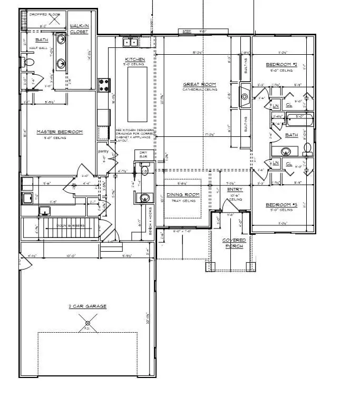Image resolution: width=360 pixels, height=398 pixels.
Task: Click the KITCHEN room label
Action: (x=134, y=59)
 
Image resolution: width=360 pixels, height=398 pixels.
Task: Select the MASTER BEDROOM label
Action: (x=59, y=132)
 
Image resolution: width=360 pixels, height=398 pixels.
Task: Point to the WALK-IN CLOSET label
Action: (x=79, y=28)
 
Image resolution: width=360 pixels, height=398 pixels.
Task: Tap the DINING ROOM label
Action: (x=183, y=195)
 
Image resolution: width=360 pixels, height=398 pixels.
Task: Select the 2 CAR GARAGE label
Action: (x=87, y=306)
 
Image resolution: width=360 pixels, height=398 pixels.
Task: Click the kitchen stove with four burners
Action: (x=104, y=83)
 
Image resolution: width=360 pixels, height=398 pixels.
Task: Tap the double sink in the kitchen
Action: (x=130, y=42)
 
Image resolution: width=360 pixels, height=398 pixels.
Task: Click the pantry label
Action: (x=103, y=152)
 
